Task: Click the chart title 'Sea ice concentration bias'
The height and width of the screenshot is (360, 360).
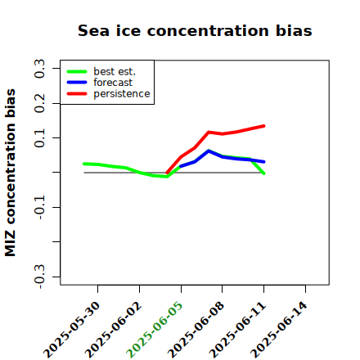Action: [195, 30]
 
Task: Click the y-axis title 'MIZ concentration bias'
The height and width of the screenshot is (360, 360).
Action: [11, 173]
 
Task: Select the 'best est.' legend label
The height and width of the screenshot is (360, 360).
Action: [115, 71]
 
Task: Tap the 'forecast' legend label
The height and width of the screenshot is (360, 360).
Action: [113, 83]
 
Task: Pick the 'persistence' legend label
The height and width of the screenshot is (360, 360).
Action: [122, 94]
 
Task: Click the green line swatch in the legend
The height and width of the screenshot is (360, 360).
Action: [77, 71]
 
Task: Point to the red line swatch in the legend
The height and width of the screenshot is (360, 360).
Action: [77, 94]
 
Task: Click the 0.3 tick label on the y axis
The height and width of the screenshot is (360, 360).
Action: [39, 69]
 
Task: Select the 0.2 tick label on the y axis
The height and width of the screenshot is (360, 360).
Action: [39, 103]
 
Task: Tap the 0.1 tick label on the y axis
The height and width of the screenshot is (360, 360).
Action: [39, 138]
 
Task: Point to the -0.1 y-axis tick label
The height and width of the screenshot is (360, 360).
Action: [39, 208]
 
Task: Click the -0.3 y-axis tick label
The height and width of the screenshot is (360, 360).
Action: [39, 277]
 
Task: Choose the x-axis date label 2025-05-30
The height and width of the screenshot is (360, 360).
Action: [72, 330]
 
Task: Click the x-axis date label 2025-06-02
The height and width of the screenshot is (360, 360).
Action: [114, 330]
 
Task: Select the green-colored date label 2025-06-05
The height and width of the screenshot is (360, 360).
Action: [155, 330]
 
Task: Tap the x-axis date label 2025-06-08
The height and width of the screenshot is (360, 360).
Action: [196, 330]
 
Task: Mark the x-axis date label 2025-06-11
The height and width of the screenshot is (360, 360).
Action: [237, 330]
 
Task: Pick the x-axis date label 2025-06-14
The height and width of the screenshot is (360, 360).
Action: [279, 330]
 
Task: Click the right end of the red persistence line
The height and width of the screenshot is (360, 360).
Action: [264, 126]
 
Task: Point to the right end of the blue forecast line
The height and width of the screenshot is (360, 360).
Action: [264, 162]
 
